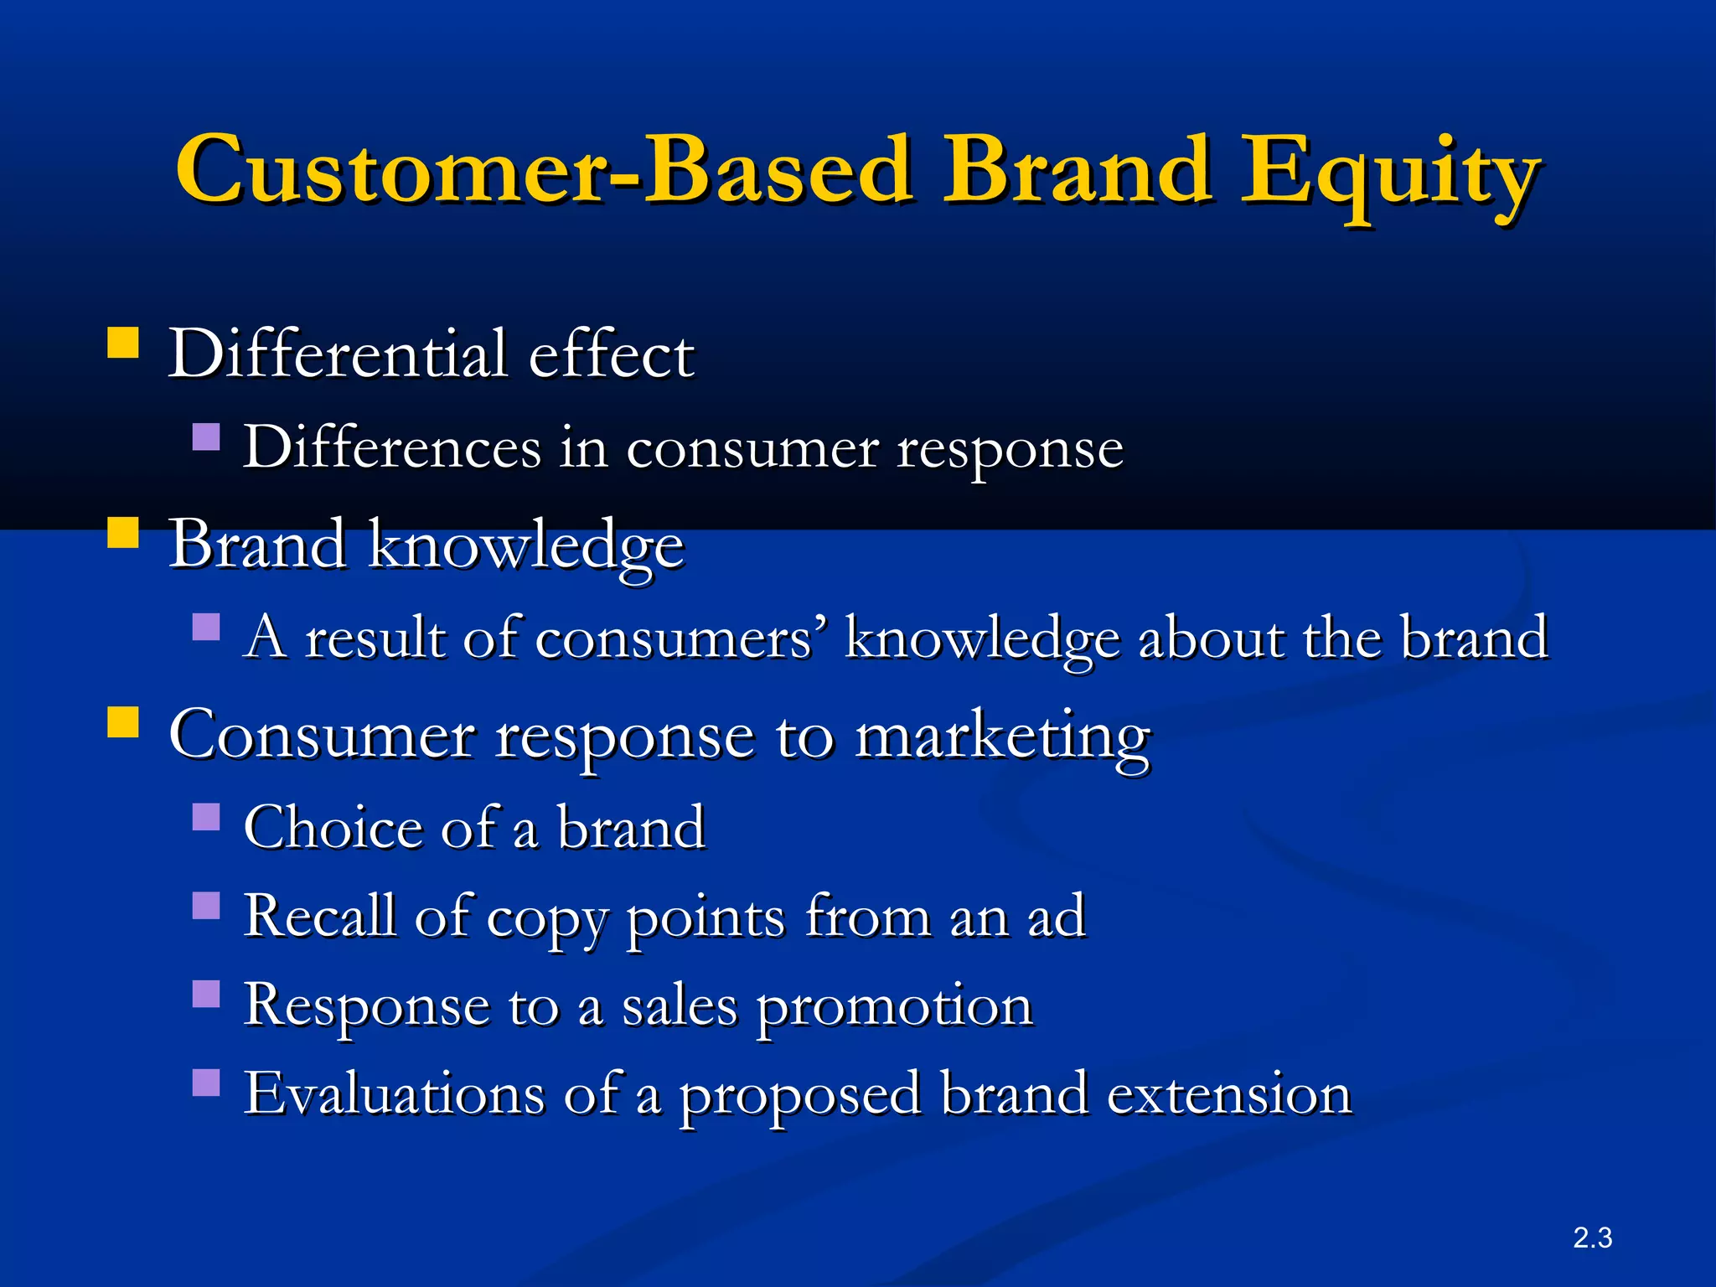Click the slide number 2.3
1592,1238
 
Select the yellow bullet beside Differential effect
123,343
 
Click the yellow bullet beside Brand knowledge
123,532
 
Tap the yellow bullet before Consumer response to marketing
123,721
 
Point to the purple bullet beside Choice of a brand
206,817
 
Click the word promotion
894,1005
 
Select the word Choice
333,827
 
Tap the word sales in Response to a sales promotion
679,1005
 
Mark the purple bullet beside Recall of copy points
206,905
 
